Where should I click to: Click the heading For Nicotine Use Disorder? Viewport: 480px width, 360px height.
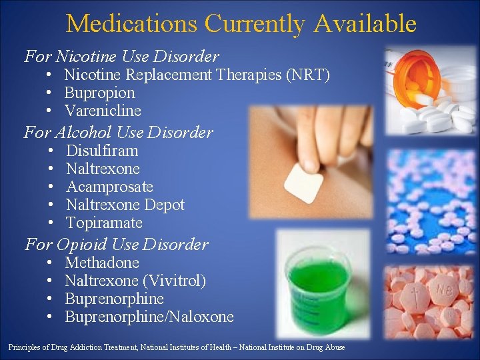click(121, 56)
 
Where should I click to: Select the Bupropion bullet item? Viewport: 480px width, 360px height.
click(99, 93)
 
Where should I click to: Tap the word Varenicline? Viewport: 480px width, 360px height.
click(103, 111)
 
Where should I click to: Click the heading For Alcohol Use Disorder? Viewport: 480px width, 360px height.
click(118, 132)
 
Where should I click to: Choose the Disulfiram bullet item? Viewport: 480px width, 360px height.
click(102, 151)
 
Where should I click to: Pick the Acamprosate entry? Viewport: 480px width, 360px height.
click(109, 187)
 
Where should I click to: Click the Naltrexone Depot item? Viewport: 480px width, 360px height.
click(125, 205)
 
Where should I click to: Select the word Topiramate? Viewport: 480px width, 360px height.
click(104, 223)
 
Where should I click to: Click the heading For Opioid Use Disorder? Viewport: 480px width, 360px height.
click(116, 244)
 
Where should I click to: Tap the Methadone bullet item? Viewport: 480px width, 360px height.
click(102, 263)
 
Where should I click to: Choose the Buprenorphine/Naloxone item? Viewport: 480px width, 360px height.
click(149, 317)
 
